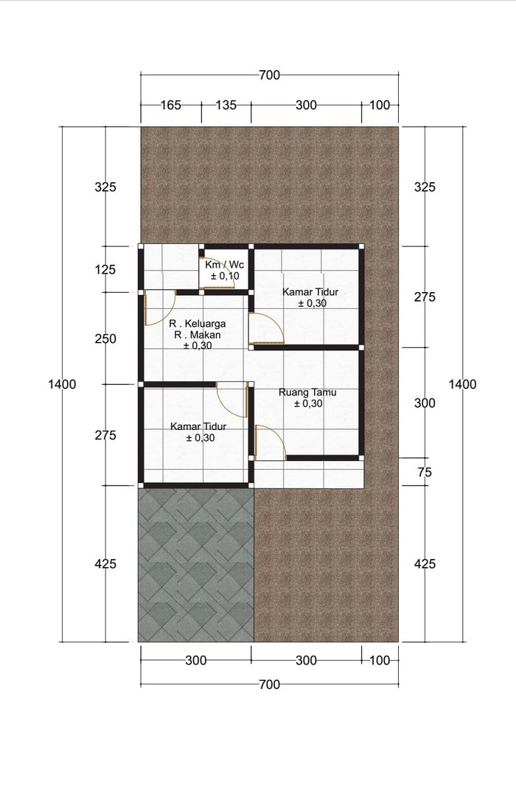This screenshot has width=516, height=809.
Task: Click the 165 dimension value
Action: pyautogui.click(x=170, y=105)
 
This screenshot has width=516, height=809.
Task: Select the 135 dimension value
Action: pyautogui.click(x=226, y=105)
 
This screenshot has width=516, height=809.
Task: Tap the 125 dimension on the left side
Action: pyautogui.click(x=105, y=269)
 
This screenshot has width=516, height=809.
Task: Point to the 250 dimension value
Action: pyautogui.click(x=105, y=339)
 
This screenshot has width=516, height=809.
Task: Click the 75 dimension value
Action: pyautogui.click(x=425, y=472)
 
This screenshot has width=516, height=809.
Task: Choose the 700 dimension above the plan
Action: pyautogui.click(x=269, y=75)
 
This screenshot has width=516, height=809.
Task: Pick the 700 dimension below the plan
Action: pyautogui.click(x=269, y=684)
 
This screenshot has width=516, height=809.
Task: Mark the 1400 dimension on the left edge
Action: pyautogui.click(x=62, y=384)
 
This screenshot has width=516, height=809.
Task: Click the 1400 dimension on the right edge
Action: pyautogui.click(x=462, y=384)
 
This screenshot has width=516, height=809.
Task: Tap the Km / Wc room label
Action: pyautogui.click(x=225, y=265)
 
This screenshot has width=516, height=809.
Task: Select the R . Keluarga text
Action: pyautogui.click(x=198, y=324)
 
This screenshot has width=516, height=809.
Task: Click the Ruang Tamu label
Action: pyautogui.click(x=307, y=392)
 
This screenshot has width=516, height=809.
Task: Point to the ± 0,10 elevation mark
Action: pyautogui.click(x=225, y=276)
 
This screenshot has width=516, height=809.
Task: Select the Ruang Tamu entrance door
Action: pyautogui.click(x=271, y=442)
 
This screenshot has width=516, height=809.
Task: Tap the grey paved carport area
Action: pyautogui.click(x=196, y=565)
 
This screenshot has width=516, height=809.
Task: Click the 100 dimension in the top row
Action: pyautogui.click(x=380, y=105)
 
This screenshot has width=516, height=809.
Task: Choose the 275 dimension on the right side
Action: pyautogui.click(x=425, y=297)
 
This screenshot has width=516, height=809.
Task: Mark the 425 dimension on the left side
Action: pyautogui.click(x=105, y=564)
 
